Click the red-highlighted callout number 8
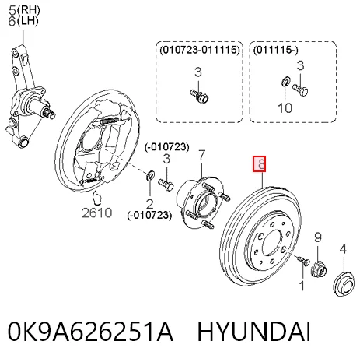point(260,164)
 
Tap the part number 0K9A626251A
point(90,332)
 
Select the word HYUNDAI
point(253,332)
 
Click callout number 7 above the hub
point(201,155)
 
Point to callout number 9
point(318,237)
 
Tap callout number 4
point(343,249)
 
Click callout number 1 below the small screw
point(302,286)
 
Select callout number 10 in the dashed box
point(285,107)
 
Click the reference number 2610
point(97,213)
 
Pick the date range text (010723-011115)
point(200,50)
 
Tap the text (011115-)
point(276,50)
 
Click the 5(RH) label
point(24,10)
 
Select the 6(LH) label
point(23,21)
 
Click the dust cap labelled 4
point(343,284)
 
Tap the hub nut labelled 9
point(319,269)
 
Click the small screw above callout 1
point(303,260)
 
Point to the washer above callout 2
point(150,175)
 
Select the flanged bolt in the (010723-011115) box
point(200,96)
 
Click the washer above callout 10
point(285,81)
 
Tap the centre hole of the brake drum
point(272,243)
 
